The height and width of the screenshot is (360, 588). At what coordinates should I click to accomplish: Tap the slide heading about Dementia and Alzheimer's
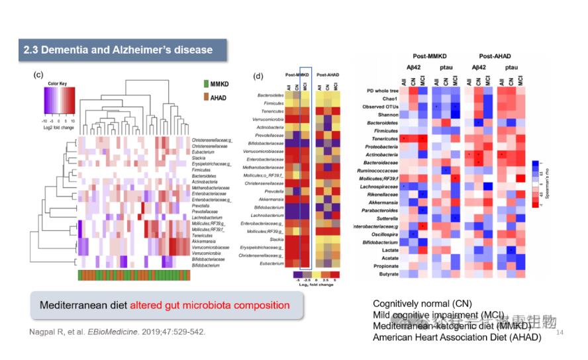[x=118, y=50]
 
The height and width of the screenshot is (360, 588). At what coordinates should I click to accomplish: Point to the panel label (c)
[x=39, y=74]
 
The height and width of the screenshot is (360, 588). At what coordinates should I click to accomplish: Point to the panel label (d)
[x=259, y=75]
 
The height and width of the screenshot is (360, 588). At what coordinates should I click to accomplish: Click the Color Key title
[x=58, y=84]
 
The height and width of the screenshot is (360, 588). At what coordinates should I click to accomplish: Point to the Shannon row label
[x=389, y=114]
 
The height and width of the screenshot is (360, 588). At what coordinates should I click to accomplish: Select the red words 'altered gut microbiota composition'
[x=209, y=305]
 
